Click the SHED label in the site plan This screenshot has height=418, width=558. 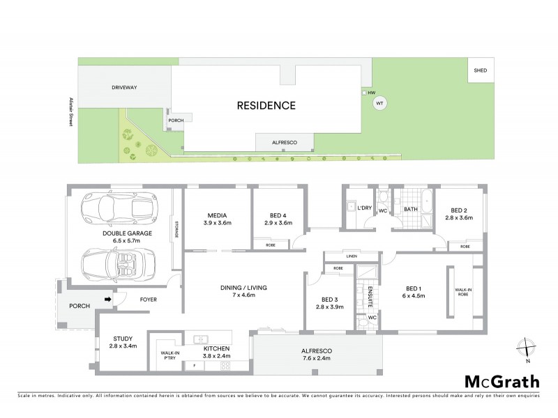click(x=480, y=71)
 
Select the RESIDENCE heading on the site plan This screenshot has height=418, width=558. click(x=266, y=106)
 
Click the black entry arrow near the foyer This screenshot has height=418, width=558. click(x=107, y=300)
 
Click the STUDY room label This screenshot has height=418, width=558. click(x=123, y=339)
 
